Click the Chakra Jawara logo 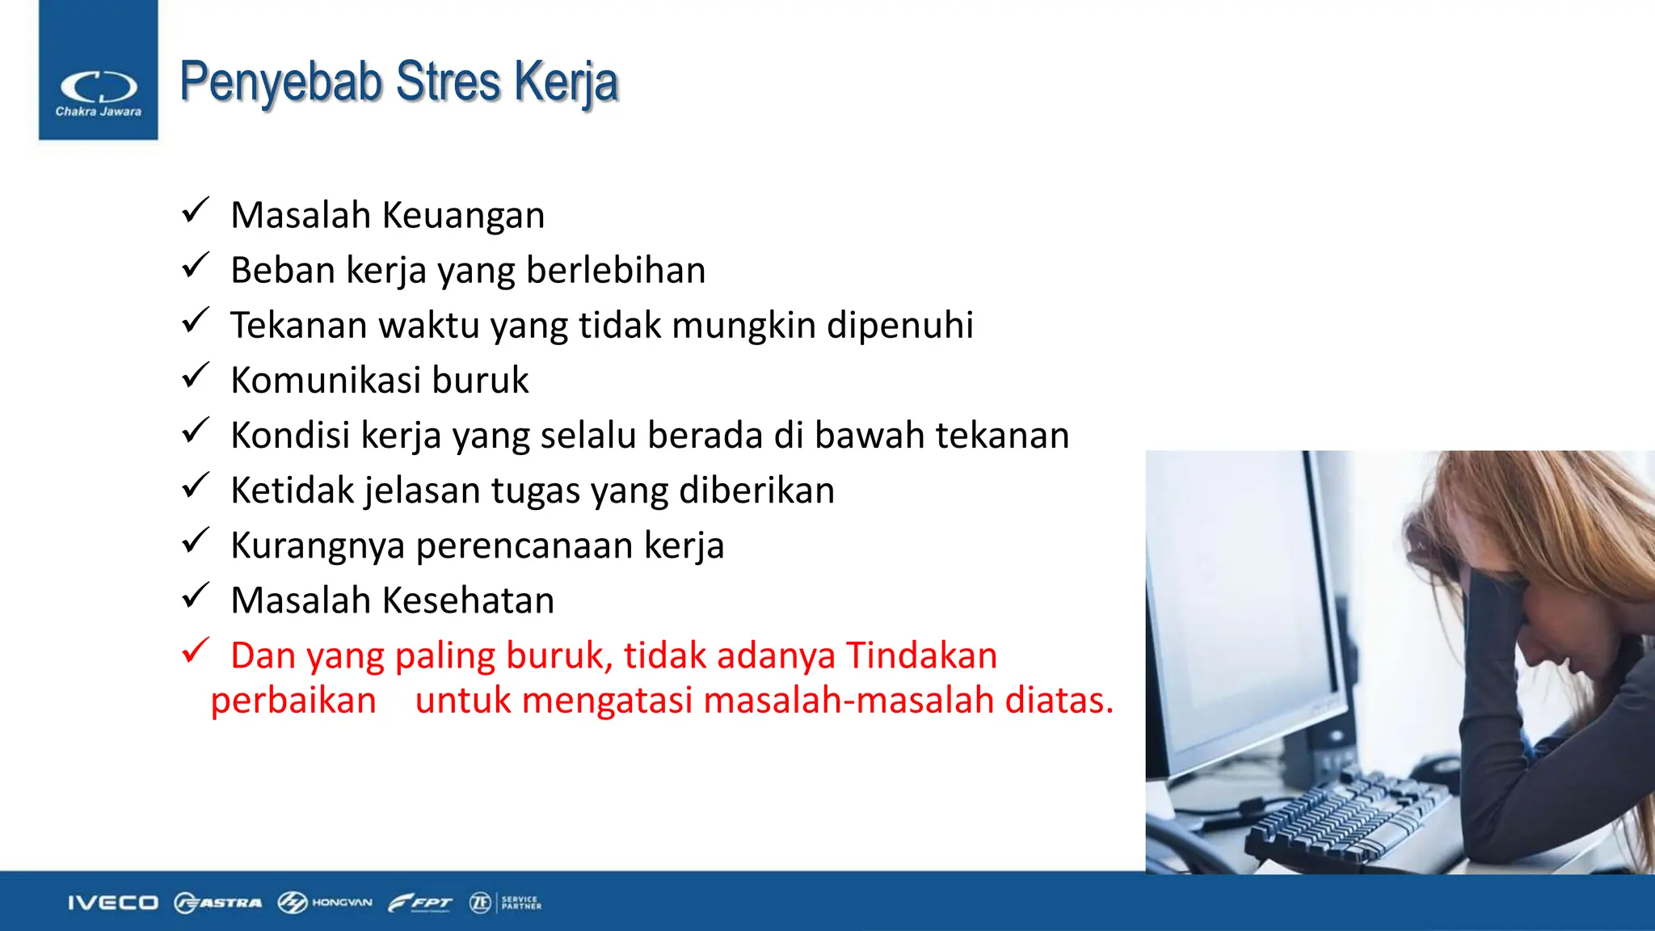pos(98,91)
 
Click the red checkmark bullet pos(196,651)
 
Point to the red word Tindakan pos(921,655)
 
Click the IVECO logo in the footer pos(112,903)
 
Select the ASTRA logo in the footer pos(218,903)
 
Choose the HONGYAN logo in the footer pos(325,903)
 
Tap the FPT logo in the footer pos(420,903)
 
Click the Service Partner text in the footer pos(520,903)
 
